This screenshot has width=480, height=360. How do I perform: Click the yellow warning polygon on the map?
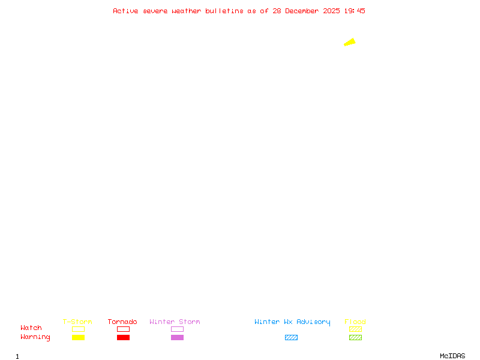coord(350,42)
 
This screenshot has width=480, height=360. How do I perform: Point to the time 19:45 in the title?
coord(355,11)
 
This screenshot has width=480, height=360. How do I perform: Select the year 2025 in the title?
coord(331,11)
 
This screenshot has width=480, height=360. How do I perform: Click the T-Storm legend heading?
coord(77,322)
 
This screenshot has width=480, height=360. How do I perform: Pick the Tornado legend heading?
coord(122,322)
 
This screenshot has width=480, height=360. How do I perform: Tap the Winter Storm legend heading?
coord(175,322)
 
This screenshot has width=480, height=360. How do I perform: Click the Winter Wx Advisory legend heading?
coord(292,322)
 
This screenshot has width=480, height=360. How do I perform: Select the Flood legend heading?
coord(355,322)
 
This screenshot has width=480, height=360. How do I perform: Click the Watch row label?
coord(31,328)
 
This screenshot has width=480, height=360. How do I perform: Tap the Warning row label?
coord(35,337)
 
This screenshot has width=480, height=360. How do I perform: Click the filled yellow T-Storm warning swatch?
coord(78,338)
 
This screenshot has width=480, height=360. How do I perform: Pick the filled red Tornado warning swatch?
coord(123,338)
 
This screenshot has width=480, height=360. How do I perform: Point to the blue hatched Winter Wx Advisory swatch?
coord(291,338)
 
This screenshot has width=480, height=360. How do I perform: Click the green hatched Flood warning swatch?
coord(355,338)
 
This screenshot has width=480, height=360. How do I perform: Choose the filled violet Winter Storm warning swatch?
coord(177,338)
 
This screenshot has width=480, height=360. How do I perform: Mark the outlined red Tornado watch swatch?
coord(123,329)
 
